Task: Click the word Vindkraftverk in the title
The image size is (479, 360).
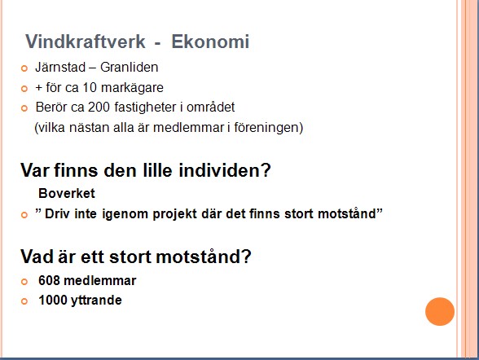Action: pyautogui.click(x=86, y=42)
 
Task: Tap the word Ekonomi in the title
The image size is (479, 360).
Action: pyautogui.click(x=210, y=42)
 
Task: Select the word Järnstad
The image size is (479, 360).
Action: pyautogui.click(x=60, y=67)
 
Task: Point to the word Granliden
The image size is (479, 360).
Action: pyautogui.click(x=130, y=67)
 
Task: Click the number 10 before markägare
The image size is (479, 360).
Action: pyautogui.click(x=90, y=88)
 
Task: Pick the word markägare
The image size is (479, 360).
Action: pyautogui.click(x=132, y=88)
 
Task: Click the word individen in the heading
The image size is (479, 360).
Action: pyautogui.click(x=225, y=170)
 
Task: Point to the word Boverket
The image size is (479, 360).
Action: pyautogui.click(x=67, y=193)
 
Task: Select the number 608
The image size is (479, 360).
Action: pyautogui.click(x=49, y=281)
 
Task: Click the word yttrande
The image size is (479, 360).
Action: pyautogui.click(x=96, y=301)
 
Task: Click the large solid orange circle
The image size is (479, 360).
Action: pyautogui.click(x=440, y=311)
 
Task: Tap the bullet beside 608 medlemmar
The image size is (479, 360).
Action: pyautogui.click(x=24, y=282)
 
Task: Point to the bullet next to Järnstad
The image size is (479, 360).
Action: pyautogui.click(x=24, y=68)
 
